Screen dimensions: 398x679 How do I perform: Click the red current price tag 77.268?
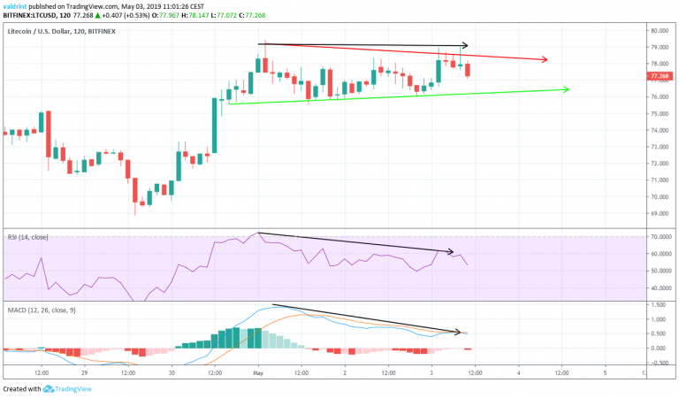pos(658,76)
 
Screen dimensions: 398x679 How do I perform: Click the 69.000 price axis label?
pos(657,213)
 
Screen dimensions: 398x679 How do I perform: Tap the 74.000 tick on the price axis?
pos(657,130)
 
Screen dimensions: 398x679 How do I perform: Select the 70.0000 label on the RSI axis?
pos(659,237)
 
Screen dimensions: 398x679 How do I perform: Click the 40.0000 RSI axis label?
pos(659,287)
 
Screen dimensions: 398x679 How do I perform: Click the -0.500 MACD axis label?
pos(657,362)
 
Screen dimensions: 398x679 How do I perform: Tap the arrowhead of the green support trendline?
pos(565,89)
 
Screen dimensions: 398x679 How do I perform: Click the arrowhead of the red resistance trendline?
pos(545,60)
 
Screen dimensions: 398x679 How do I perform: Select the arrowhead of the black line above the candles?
pos(462,45)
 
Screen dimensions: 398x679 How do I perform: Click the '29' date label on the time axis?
pos(85,374)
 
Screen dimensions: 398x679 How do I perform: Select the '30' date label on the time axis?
pos(172,374)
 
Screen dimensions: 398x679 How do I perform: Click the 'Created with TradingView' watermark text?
pos(43,389)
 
